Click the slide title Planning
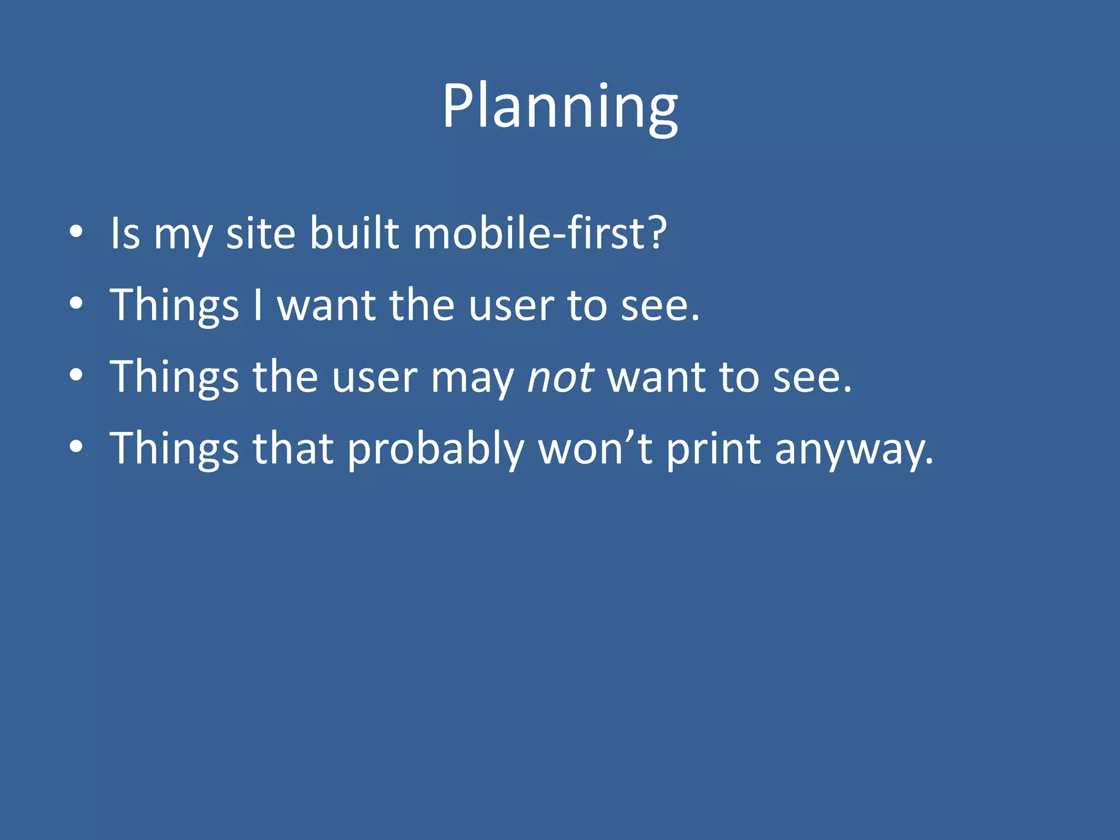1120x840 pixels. click(559, 107)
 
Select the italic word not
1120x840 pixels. click(560, 378)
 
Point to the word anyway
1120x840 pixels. click(853, 450)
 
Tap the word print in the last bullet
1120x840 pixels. click(713, 450)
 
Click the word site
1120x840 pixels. click(261, 234)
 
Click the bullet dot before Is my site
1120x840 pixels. click(76, 232)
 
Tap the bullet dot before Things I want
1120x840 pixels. click(76, 304)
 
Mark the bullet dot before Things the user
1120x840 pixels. click(76, 376)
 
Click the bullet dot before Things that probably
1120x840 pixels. click(76, 447)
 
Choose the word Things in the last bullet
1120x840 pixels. click(174, 450)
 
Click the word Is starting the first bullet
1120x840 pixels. click(125, 234)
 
